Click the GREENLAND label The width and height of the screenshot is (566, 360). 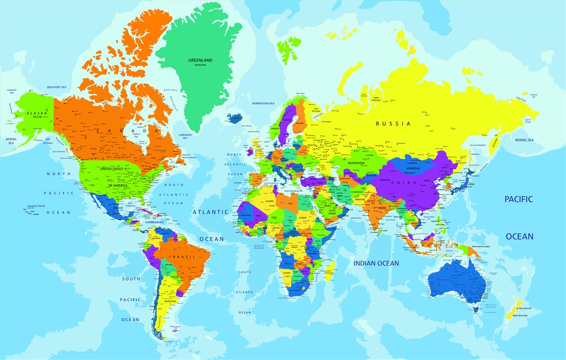pos(200,60)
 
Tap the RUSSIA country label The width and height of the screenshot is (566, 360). pos(393,124)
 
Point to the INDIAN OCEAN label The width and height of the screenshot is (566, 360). pos(376,263)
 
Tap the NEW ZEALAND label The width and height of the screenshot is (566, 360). pos(520,315)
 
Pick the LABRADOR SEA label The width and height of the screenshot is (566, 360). pos(185,136)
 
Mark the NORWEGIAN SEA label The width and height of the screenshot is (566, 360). pos(263,103)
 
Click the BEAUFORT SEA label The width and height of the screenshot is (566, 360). pos(57,87)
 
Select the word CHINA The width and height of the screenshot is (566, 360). pos(407,183)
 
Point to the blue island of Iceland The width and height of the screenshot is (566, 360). pos(234,117)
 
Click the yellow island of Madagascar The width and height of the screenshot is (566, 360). pos(331,268)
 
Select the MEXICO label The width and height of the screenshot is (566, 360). pos(117,208)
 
